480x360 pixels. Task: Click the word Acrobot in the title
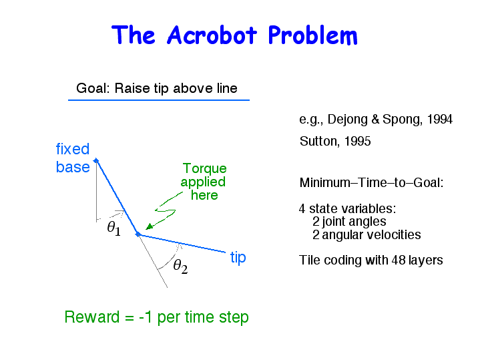[212, 35]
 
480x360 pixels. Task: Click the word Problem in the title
[312, 35]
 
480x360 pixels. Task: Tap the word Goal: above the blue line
[93, 88]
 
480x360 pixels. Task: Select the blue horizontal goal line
[159, 100]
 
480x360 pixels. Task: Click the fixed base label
[73, 158]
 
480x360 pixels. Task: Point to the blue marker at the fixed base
[96, 160]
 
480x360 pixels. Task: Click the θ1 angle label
[114, 228]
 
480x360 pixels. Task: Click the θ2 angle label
[180, 266]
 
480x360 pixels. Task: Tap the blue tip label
[238, 257]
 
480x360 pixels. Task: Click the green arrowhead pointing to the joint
[149, 226]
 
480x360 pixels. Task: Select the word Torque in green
[204, 168]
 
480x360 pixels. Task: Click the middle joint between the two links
[138, 234]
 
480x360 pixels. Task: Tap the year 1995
[357, 141]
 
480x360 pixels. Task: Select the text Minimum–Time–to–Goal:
[371, 182]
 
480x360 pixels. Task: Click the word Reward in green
[92, 317]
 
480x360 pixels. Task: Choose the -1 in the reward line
[146, 317]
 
